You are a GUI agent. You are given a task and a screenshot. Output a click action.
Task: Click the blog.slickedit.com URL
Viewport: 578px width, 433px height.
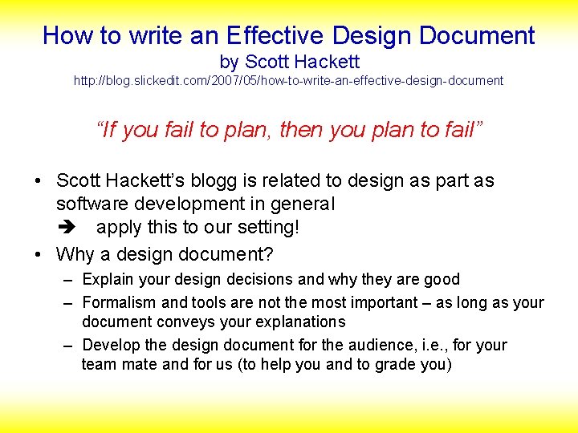[x=288, y=81]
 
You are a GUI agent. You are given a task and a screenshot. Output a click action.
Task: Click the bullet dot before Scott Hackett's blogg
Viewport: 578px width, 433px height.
[x=39, y=181]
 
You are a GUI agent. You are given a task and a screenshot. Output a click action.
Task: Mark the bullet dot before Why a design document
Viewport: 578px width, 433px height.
[x=39, y=256]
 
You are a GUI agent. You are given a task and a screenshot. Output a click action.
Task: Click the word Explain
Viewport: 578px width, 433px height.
[x=108, y=280]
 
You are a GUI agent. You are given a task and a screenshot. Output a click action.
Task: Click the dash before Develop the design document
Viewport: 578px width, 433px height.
[x=68, y=346]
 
